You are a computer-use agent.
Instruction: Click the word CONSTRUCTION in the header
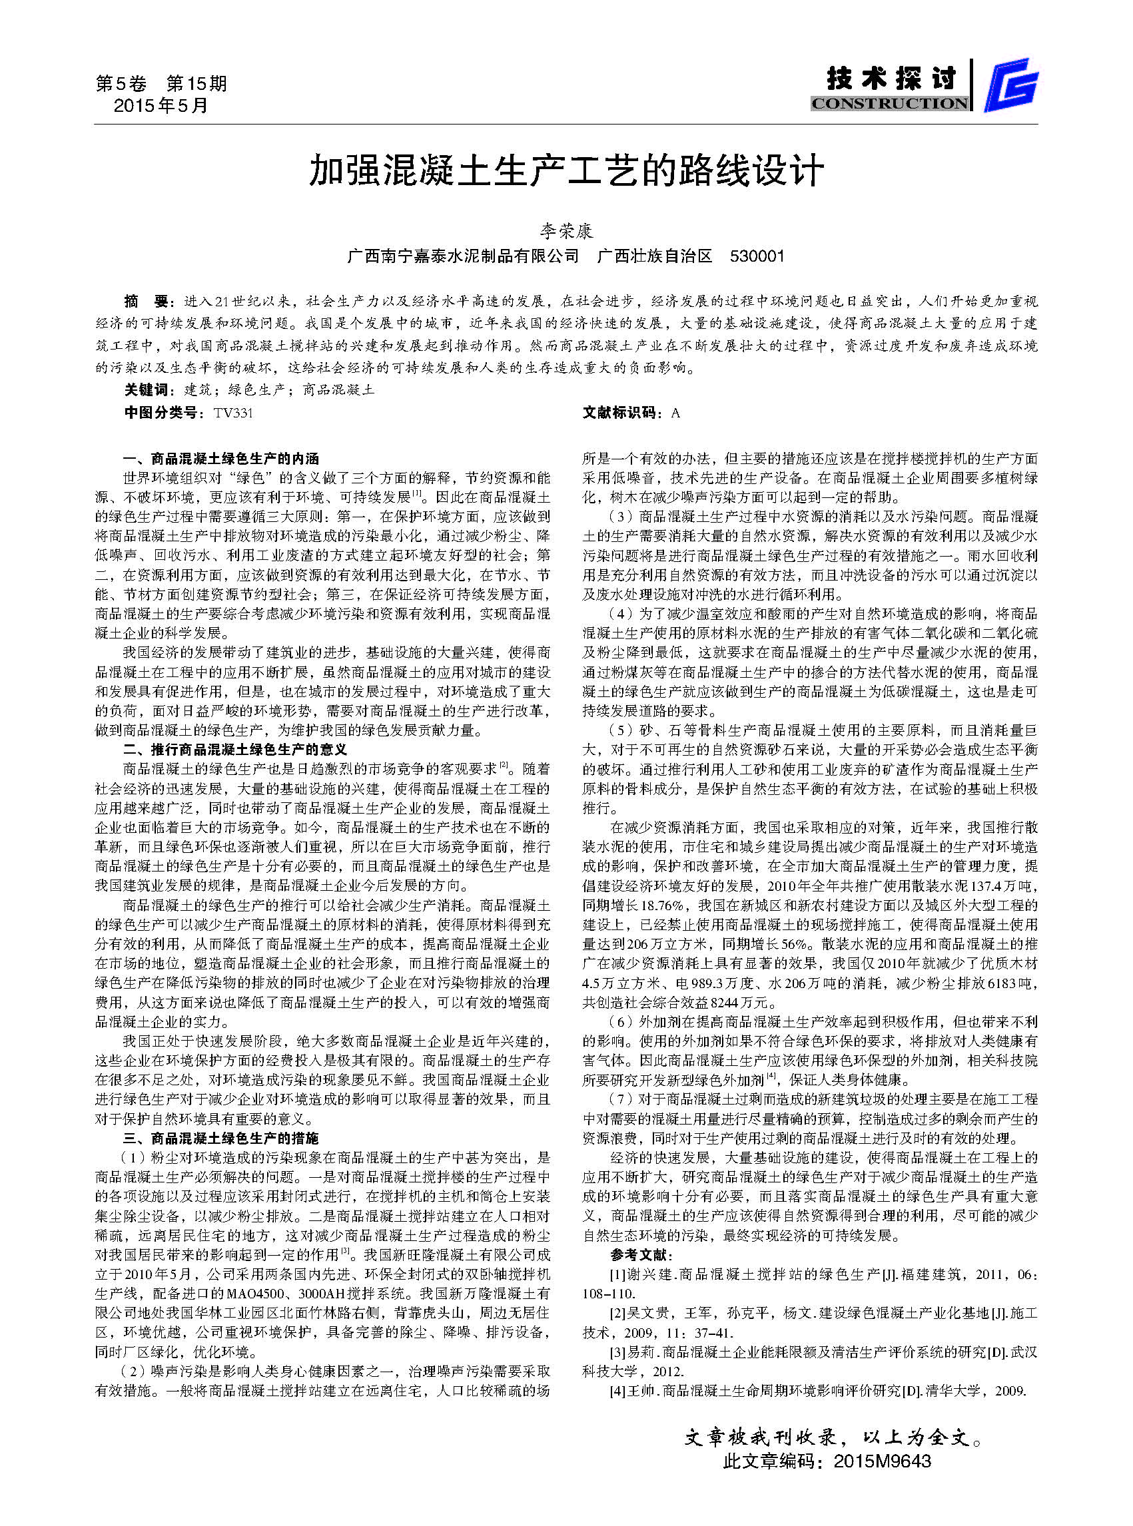(889, 103)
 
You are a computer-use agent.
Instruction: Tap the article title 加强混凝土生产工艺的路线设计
(566, 170)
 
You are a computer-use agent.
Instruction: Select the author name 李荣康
(566, 230)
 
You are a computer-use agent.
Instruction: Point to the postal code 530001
(757, 256)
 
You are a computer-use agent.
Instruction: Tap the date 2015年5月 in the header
(161, 106)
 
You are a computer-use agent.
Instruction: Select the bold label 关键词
(147, 390)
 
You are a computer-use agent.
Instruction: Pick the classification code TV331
(233, 413)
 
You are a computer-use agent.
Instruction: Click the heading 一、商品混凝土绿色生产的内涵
(221, 459)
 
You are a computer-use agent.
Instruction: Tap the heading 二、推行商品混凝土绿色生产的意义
(234, 749)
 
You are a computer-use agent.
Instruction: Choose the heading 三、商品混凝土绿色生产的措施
(221, 1139)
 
